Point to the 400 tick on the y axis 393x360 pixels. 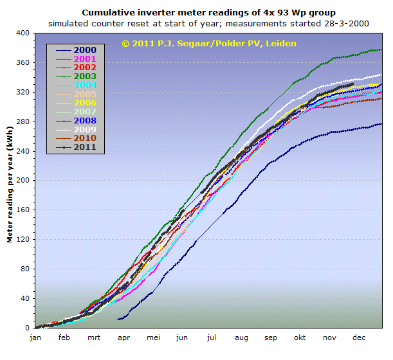pyautogui.click(x=23, y=33)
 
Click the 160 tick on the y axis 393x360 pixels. pyautogui.click(x=23, y=210)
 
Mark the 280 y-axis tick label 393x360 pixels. pyautogui.click(x=23, y=122)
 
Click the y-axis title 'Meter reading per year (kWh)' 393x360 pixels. pyautogui.click(x=10, y=181)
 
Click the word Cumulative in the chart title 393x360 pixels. pyautogui.click(x=107, y=12)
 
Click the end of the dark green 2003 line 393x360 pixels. pyautogui.click(x=381, y=50)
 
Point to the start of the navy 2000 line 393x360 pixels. pyautogui.click(x=118, y=319)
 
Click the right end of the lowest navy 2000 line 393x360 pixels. pyautogui.click(x=381, y=123)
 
